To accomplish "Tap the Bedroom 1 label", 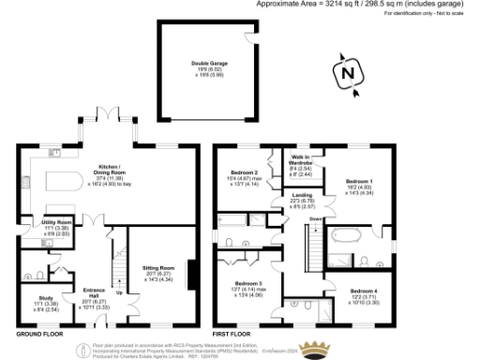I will coord(361,185).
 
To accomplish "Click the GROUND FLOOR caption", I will coord(40,334).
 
